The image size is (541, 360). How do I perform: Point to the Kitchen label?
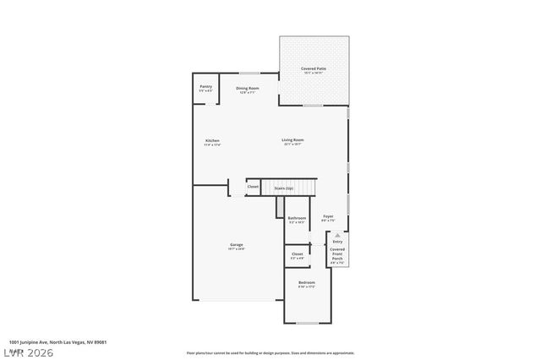(x=212, y=141)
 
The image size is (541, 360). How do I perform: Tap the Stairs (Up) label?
(x=284, y=188)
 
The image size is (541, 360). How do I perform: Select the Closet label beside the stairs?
(x=253, y=187)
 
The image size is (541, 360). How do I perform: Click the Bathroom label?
(x=297, y=219)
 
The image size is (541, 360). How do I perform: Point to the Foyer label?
(x=328, y=217)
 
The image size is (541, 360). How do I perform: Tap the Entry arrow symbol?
(x=337, y=235)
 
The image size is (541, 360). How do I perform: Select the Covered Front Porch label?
(x=337, y=253)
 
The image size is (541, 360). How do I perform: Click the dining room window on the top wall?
(x=248, y=74)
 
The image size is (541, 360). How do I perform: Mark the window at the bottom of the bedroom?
(x=307, y=323)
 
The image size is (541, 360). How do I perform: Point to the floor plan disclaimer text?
(x=270, y=352)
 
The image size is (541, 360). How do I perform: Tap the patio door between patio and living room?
(x=314, y=106)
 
